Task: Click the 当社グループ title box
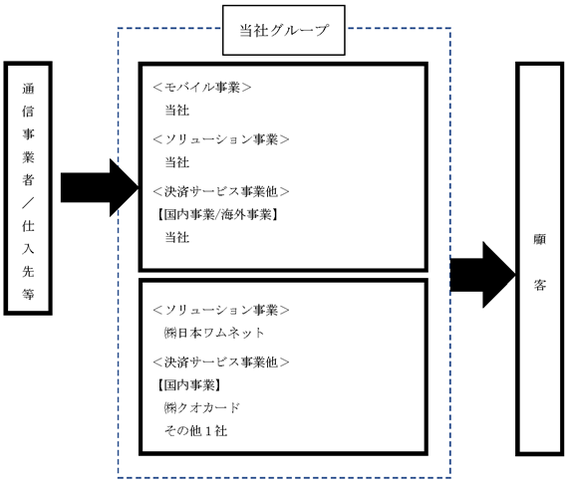click(x=283, y=30)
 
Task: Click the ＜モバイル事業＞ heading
click(x=201, y=88)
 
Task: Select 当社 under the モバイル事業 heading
click(x=177, y=111)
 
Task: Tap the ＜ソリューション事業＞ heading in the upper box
click(x=220, y=139)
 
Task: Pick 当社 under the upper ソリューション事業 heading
click(x=177, y=162)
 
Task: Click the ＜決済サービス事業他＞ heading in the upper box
click(x=220, y=191)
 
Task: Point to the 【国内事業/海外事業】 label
click(x=217, y=215)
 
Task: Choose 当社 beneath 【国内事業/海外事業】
click(x=177, y=237)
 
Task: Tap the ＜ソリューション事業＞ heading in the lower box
click(x=220, y=310)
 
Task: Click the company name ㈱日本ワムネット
click(x=214, y=333)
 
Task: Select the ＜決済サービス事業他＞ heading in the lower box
click(x=220, y=362)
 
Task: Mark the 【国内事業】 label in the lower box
click(x=189, y=385)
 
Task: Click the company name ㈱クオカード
click(x=201, y=408)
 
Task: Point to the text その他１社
click(x=196, y=430)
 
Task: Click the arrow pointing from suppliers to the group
click(x=100, y=188)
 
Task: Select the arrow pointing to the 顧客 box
click(x=482, y=275)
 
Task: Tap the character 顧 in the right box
click(x=540, y=239)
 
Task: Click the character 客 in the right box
click(x=540, y=285)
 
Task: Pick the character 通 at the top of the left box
click(x=28, y=89)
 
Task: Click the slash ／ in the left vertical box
click(x=28, y=203)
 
